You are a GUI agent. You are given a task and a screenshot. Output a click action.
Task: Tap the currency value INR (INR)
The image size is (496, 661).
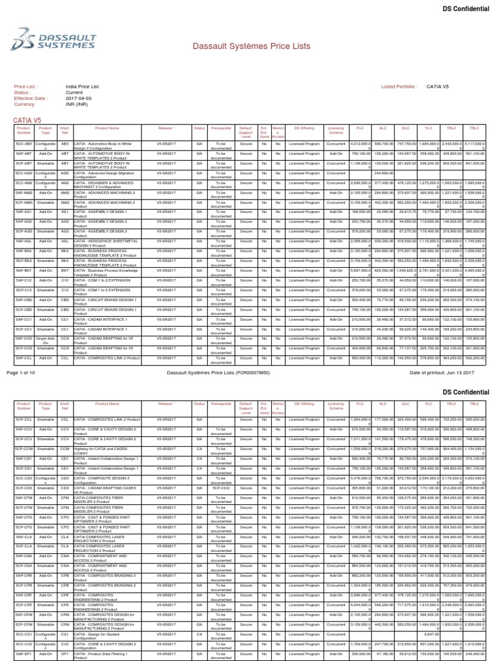pyautogui.click(x=78, y=104)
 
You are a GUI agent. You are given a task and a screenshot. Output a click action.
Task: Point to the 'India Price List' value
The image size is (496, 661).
pyautogui.click(x=82, y=86)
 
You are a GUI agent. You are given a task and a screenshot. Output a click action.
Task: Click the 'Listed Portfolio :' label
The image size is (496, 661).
pyautogui.click(x=400, y=86)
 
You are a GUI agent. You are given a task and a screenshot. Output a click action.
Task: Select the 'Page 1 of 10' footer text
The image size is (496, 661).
pyautogui.click(x=23, y=372)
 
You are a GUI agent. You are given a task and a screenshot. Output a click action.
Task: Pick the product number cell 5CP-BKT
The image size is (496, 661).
pyautogui.click(x=24, y=270)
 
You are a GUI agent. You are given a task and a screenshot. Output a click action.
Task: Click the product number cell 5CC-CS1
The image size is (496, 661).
pyautogui.click(x=24, y=633)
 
